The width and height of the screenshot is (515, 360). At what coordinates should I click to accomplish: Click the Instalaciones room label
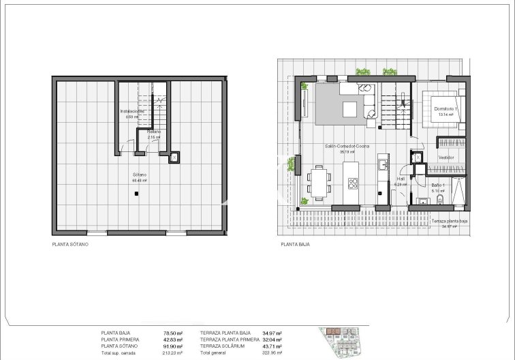132,111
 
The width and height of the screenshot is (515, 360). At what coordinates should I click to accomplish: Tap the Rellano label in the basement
154,132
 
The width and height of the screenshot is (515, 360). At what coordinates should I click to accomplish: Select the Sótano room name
140,175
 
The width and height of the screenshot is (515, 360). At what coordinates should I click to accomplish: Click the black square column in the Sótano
137,194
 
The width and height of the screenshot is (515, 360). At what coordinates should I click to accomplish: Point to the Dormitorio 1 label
446,109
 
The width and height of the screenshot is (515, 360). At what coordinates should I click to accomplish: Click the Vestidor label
446,157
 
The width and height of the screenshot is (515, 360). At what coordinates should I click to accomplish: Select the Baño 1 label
438,185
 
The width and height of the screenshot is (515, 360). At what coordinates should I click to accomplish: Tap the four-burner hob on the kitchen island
354,183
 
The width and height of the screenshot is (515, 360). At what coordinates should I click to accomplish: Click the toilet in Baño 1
423,200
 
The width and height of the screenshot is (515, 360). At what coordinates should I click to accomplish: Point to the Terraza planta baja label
449,222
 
